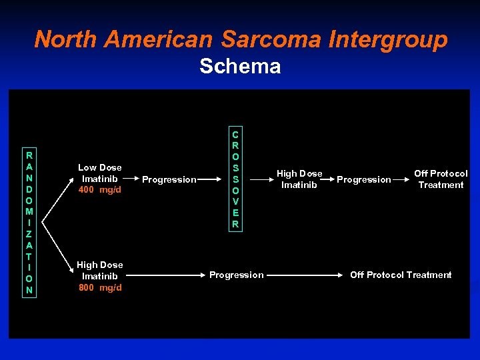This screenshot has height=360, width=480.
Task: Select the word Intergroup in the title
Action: click(x=388, y=39)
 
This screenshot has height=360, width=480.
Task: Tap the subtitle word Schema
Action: click(x=240, y=67)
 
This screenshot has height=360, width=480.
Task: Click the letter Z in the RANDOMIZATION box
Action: click(x=29, y=233)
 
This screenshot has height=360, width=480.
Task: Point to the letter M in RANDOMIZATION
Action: click(x=29, y=211)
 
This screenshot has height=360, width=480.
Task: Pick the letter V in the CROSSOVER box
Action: click(x=235, y=201)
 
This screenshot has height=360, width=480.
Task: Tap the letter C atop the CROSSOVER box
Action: click(x=235, y=133)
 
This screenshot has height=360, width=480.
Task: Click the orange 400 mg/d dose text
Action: click(x=100, y=190)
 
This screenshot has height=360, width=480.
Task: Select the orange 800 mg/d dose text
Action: click(x=100, y=287)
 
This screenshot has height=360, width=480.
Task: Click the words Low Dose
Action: click(x=100, y=167)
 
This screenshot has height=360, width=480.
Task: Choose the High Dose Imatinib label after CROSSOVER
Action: click(x=299, y=179)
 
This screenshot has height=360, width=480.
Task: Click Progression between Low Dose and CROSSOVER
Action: click(x=169, y=179)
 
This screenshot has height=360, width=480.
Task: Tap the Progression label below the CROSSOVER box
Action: click(x=237, y=275)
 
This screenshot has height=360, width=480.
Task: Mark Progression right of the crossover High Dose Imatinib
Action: click(x=363, y=179)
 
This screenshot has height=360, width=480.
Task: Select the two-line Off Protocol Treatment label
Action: click(x=441, y=179)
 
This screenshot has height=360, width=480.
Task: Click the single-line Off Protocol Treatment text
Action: click(x=401, y=275)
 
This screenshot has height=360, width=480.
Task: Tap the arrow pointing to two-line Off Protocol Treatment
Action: click(x=401, y=179)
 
